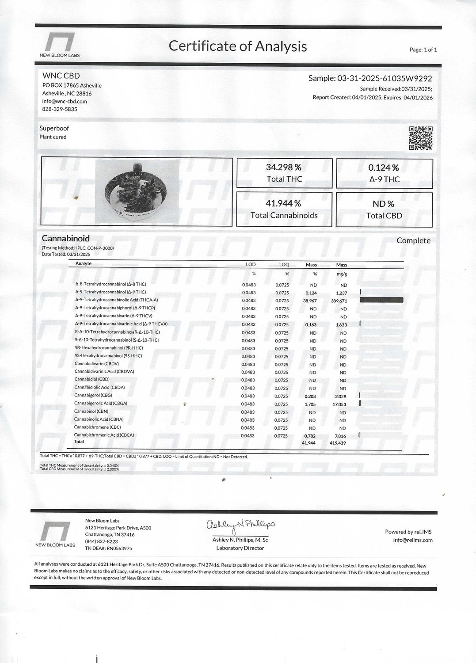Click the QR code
pyautogui.click(x=420, y=138)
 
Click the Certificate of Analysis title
pyautogui.click(x=238, y=46)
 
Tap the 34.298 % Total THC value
pyautogui.click(x=284, y=168)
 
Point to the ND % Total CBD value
pyautogui.click(x=384, y=204)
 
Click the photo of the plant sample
pyautogui.click(x=137, y=191)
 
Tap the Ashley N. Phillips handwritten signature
pyautogui.click(x=240, y=526)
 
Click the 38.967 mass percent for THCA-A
pyautogui.click(x=310, y=301)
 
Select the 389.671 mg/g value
pyautogui.click(x=339, y=301)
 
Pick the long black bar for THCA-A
pyautogui.click(x=381, y=300)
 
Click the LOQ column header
pyautogui.click(x=284, y=264)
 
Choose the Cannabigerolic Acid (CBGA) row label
pyautogui.click(x=101, y=403)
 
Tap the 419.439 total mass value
pyautogui.click(x=338, y=443)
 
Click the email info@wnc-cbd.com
pyautogui.click(x=65, y=101)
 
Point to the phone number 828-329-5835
pyautogui.click(x=60, y=109)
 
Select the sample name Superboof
pyautogui.click(x=54, y=128)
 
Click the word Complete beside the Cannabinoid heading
pyautogui.click(x=413, y=240)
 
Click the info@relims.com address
pyautogui.click(x=412, y=540)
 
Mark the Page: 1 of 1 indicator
pyautogui.click(x=423, y=50)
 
